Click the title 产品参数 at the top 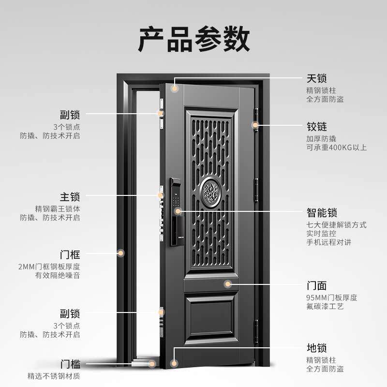click(x=194, y=40)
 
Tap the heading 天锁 click(x=317, y=78)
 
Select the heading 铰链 click(x=317, y=127)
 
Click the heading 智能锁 click(x=322, y=213)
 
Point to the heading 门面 click(x=317, y=285)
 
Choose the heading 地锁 click(x=317, y=348)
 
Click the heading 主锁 click(x=70, y=197)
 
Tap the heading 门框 click(x=70, y=254)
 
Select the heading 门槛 click(x=70, y=364)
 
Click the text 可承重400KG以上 click(x=336, y=148)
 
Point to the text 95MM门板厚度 click(x=332, y=298)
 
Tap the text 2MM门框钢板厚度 click(x=49, y=267)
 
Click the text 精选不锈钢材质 click(x=54, y=376)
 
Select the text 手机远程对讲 click(x=328, y=242)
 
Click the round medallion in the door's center click(x=211, y=192)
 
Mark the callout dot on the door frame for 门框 click(x=121, y=253)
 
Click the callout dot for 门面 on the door click(x=228, y=284)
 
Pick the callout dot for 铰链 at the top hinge click(x=255, y=125)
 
